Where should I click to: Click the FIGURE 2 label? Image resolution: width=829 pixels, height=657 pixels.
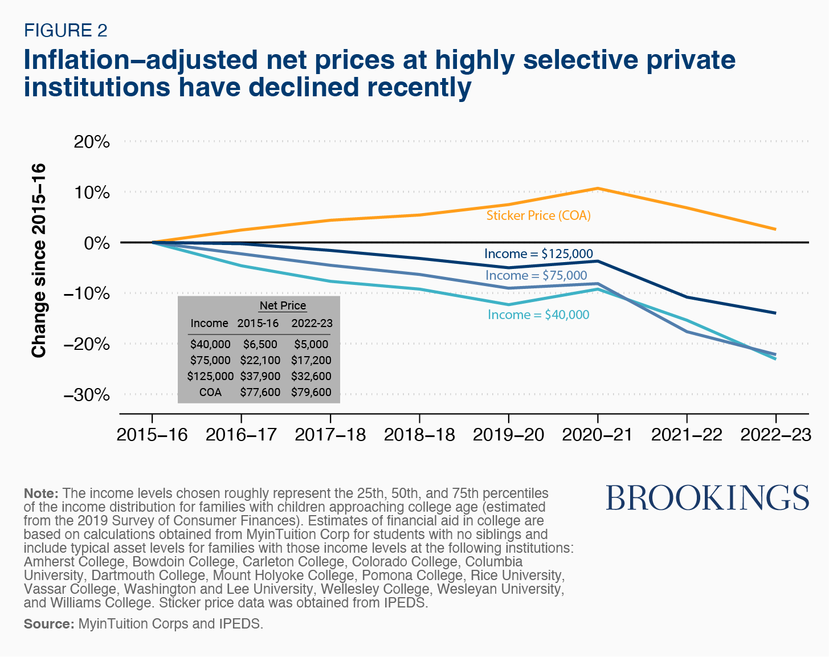(x=66, y=30)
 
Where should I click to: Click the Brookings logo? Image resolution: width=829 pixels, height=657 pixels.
(x=707, y=498)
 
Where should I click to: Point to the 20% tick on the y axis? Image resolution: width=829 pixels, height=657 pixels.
(x=92, y=142)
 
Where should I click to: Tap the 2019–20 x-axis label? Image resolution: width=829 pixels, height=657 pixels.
(x=508, y=435)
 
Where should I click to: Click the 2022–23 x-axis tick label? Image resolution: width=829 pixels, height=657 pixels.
(x=775, y=435)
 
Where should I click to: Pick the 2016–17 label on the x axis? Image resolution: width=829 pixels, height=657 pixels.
(x=241, y=435)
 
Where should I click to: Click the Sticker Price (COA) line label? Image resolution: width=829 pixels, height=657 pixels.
(x=538, y=215)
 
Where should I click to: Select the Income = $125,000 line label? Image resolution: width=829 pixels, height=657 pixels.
(x=538, y=254)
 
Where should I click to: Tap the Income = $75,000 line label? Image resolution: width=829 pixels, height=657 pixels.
(x=536, y=275)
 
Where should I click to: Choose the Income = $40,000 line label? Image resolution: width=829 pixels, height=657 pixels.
(x=538, y=315)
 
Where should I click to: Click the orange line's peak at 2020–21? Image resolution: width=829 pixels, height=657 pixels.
(x=597, y=188)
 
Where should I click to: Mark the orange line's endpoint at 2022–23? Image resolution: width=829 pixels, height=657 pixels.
(x=775, y=229)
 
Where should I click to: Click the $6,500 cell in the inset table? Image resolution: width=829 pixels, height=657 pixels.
(x=260, y=344)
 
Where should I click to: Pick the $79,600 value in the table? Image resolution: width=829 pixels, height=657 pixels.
(x=311, y=392)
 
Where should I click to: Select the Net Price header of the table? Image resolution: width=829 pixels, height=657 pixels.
(x=283, y=305)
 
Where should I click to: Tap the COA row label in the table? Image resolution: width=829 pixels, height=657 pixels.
(x=210, y=392)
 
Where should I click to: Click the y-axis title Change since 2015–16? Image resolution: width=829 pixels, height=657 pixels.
(x=39, y=261)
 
